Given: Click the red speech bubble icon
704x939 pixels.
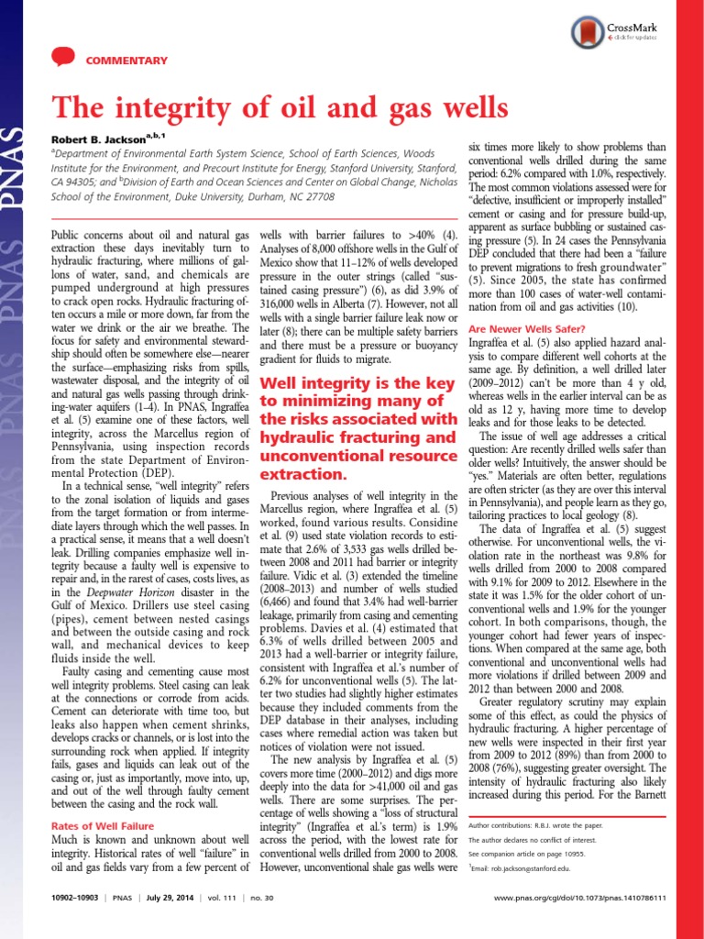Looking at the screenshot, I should click(61, 58).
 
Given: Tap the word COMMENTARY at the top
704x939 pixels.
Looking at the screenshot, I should click(126, 61).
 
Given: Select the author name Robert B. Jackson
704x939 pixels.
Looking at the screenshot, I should click(94, 139).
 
